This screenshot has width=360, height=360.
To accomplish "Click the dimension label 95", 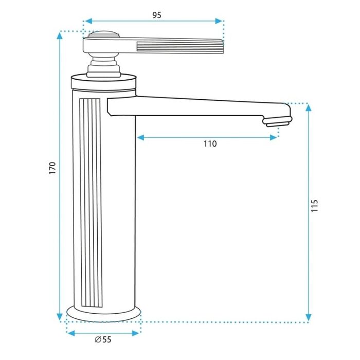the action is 157,15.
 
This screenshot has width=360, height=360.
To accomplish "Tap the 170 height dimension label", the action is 52,168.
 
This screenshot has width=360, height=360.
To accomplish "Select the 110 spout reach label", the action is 210,143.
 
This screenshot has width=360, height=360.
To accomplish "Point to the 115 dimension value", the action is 315,206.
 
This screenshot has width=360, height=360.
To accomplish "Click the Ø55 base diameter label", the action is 103,339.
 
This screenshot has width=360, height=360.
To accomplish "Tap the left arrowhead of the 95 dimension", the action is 88,21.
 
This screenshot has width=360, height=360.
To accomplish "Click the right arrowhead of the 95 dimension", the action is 219,21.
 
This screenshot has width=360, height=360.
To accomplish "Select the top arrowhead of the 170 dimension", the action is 60,35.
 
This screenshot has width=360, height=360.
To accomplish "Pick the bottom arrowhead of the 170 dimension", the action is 60,317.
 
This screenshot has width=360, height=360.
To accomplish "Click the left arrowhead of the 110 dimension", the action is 140,137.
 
